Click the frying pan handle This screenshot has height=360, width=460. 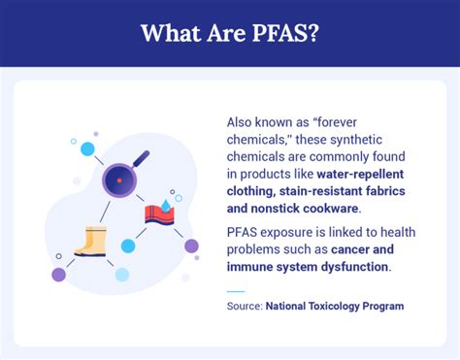pyautogui.click(x=140, y=156)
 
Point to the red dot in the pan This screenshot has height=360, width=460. pyautogui.click(x=119, y=180)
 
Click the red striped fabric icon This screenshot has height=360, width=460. pyautogui.click(x=158, y=214)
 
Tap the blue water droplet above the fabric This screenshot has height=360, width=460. pyautogui.click(x=166, y=207)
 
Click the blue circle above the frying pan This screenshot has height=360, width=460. pyautogui.click(x=87, y=148)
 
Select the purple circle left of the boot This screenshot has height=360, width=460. pyautogui.click(x=58, y=275)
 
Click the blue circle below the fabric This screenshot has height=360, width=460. pyautogui.click(x=128, y=245)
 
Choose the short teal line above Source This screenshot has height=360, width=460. pyautogui.click(x=236, y=289)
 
